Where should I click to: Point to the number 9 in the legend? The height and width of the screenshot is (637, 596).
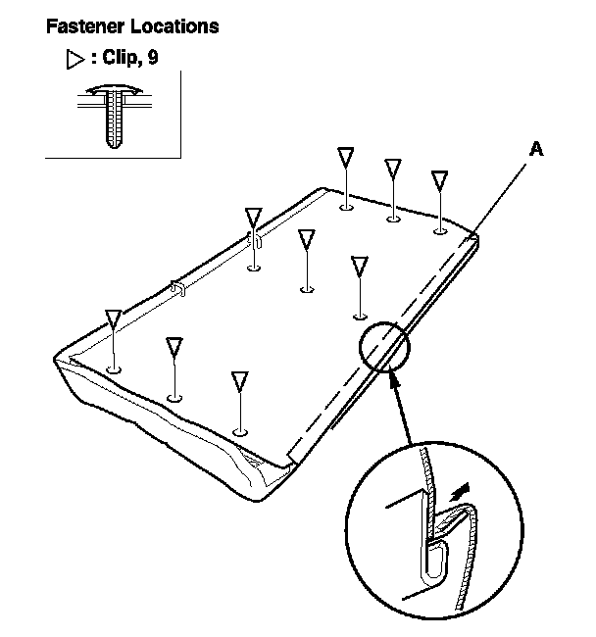(152, 60)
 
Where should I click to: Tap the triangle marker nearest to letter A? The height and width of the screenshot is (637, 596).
(440, 180)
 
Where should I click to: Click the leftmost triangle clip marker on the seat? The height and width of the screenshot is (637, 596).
(114, 318)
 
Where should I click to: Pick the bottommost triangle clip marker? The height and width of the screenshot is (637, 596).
(239, 382)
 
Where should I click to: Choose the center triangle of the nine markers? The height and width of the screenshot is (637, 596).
(307, 239)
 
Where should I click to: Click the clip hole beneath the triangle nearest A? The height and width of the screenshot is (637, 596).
(440, 231)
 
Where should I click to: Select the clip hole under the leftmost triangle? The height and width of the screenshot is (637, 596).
(114, 369)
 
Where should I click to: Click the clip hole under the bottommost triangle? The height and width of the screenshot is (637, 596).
(240, 430)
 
